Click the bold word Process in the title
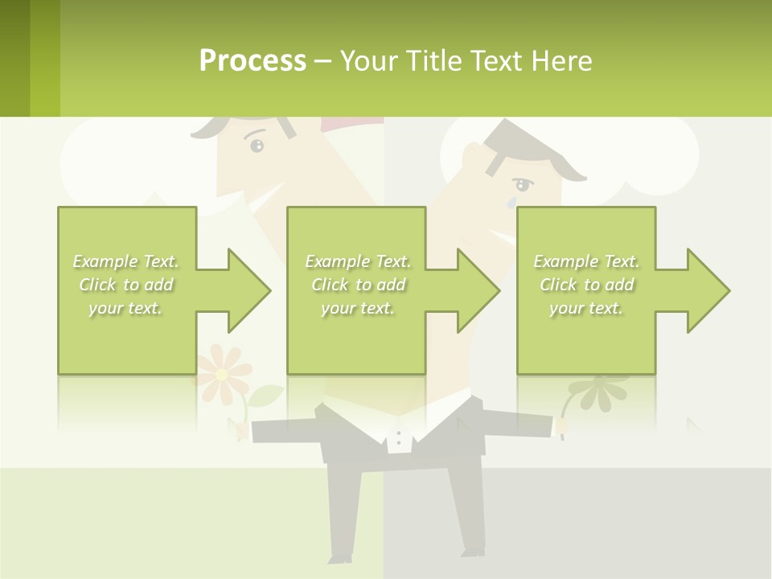click(253, 61)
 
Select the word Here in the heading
click(562, 61)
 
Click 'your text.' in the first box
click(125, 308)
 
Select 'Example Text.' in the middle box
click(357, 261)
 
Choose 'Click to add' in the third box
click(586, 285)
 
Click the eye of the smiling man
click(257, 146)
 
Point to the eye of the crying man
click(524, 185)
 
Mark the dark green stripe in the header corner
click(15, 58)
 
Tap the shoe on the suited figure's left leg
click(340, 556)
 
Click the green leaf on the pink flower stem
click(268, 396)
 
